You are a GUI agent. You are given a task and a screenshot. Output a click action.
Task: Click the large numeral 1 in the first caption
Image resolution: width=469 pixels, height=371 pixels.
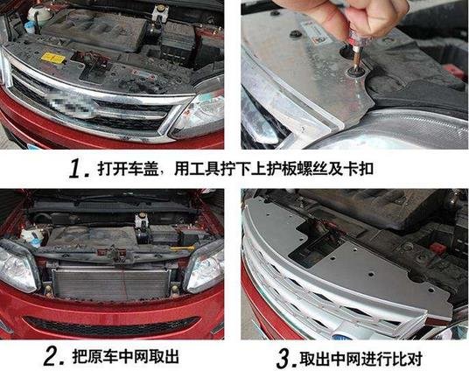click(x=77, y=169)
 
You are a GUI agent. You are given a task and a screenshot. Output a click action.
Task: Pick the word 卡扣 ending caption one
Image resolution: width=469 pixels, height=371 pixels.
click(x=359, y=169)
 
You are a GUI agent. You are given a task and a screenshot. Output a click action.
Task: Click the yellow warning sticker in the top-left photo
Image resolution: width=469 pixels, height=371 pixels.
click(x=53, y=58)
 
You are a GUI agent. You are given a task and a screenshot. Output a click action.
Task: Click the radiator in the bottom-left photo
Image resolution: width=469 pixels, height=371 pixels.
click(x=110, y=285)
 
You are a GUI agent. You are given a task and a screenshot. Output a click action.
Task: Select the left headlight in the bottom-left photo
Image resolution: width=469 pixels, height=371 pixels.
click(x=17, y=267)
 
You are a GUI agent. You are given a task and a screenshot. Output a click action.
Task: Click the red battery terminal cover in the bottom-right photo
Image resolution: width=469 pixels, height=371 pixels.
click(x=437, y=248)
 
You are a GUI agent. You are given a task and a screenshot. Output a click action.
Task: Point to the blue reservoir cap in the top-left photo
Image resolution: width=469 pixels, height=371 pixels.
click(x=30, y=27)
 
